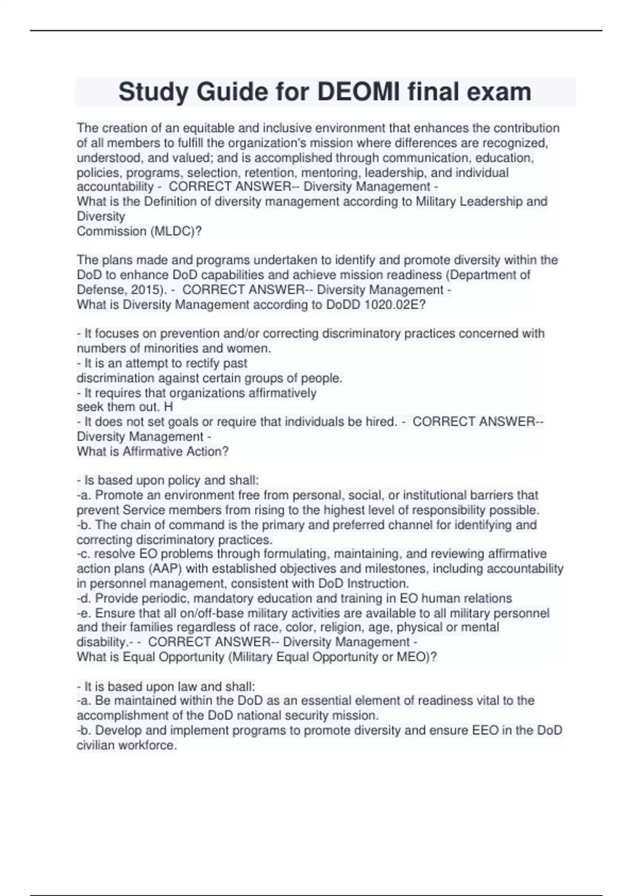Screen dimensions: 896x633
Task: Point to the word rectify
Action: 201,363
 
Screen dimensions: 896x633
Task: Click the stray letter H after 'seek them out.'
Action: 169,407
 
